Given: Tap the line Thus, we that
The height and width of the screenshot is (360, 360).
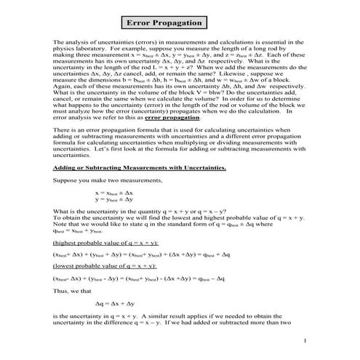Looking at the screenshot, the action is pos(73,289).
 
